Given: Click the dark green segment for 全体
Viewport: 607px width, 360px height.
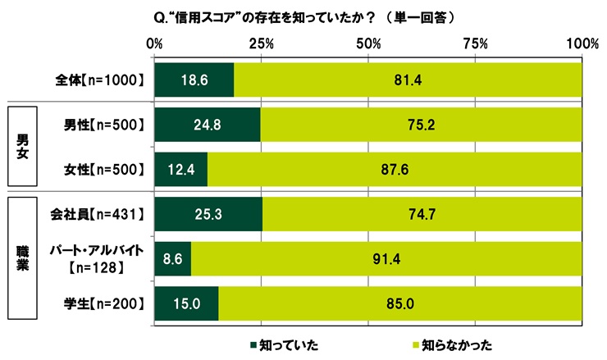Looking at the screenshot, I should click(194, 80).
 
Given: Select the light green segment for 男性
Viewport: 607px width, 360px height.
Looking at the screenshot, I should click(421, 125).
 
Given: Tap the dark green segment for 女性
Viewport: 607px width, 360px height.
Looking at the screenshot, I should click(180, 170).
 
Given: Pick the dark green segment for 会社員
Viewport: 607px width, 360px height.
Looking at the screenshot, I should click(208, 215).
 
